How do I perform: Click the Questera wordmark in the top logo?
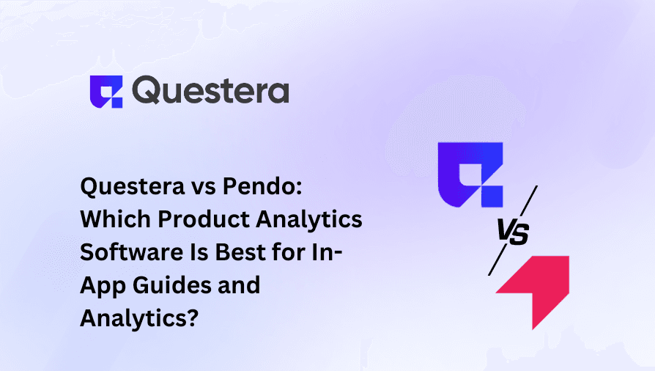212,91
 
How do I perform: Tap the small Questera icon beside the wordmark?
106,91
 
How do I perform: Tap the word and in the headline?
238,284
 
